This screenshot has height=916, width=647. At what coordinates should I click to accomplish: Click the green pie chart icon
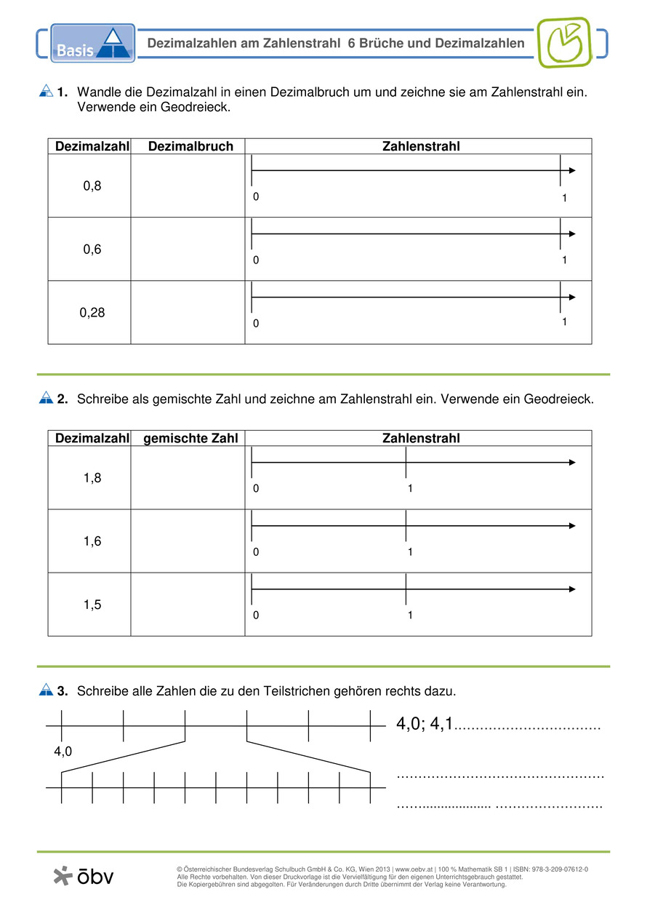564,42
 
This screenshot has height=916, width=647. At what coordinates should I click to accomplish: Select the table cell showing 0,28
92,312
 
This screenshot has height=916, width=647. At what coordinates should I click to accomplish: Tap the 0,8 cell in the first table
92,186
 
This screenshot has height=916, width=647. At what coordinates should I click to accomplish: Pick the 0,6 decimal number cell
92,249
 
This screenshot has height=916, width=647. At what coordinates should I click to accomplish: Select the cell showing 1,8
92,477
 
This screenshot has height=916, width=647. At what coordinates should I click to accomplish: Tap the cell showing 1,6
92,541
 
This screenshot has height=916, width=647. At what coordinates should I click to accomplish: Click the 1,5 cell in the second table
92,604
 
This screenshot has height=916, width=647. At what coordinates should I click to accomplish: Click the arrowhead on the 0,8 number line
572,170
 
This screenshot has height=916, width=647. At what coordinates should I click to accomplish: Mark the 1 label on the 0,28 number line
564,322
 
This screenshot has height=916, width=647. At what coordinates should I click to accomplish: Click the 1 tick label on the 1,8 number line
410,489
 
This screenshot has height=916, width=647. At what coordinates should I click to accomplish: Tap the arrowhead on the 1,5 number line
572,589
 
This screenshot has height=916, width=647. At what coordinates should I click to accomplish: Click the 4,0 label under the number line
63,752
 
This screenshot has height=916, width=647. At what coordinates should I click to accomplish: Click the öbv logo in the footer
84,876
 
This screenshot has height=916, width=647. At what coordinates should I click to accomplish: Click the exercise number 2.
63,399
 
